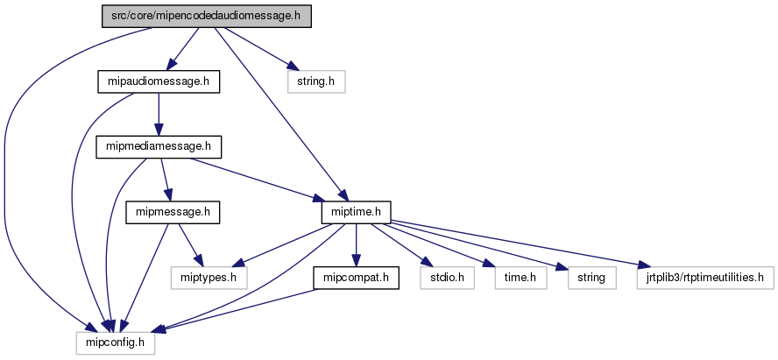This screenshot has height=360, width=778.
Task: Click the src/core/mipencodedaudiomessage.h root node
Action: pyautogui.click(x=207, y=17)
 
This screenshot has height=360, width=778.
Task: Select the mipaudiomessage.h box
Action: pyautogui.click(x=158, y=81)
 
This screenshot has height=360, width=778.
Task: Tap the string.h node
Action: pyautogui.click(x=316, y=81)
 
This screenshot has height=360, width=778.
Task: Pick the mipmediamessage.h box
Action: pyautogui.click(x=159, y=147)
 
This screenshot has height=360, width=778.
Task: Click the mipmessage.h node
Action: pyautogui.click(x=173, y=212)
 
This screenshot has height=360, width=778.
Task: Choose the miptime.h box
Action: pyautogui.click(x=357, y=212)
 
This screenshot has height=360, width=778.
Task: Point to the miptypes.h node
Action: pyautogui.click(x=209, y=278)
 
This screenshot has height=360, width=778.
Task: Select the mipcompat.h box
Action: pyautogui.click(x=357, y=278)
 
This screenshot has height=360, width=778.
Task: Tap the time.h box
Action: pyautogui.click(x=520, y=278)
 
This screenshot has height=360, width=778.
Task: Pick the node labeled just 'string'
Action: pyautogui.click(x=592, y=278)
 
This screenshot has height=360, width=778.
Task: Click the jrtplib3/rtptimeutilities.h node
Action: pyautogui.click(x=705, y=278)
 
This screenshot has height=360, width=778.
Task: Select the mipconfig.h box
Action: pyautogui.click(x=115, y=343)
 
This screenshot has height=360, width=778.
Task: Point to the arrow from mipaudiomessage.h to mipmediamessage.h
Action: pyautogui.click(x=158, y=114)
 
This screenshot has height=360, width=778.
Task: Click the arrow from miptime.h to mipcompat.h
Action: pyautogui.click(x=357, y=245)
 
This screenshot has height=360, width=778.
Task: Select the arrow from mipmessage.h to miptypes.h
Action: pyautogui.click(x=187, y=245)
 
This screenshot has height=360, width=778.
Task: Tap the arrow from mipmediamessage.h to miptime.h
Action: pyautogui.click(x=257, y=180)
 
